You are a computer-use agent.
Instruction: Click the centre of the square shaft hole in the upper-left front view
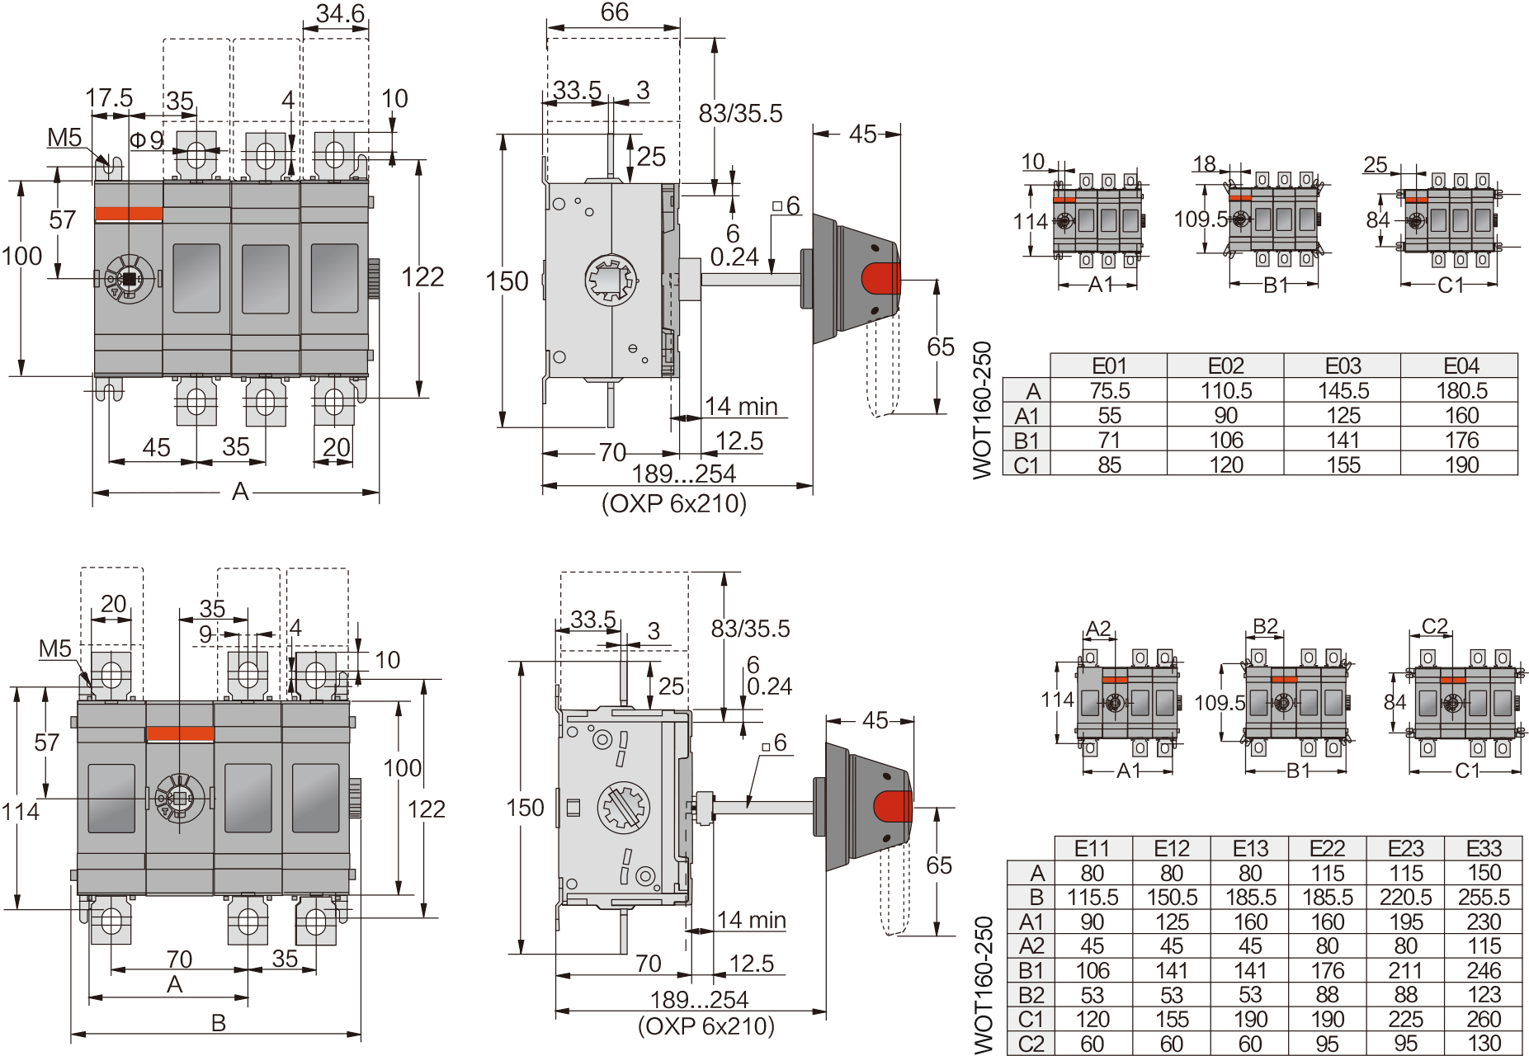129,279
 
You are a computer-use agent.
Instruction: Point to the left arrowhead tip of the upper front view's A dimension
92,493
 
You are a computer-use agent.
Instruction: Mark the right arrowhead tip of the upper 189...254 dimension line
813,486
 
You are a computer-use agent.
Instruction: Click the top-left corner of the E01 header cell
1050,354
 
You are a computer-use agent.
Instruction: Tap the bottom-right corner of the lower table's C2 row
1522,1055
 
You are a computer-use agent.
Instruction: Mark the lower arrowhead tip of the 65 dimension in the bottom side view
937,935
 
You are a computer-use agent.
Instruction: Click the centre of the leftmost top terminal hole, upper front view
196,153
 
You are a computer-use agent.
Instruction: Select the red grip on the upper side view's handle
881,279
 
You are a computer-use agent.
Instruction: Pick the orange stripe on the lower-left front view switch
180,734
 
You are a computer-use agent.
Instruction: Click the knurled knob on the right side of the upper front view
373,279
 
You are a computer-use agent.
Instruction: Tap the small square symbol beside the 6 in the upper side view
777,206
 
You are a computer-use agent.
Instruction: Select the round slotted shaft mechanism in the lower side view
623,807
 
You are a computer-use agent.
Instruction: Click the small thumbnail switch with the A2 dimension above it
1128,702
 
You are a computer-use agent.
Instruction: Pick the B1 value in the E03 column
1343,441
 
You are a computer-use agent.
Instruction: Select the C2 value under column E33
1484,1044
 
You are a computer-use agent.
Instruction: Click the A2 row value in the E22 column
1327,946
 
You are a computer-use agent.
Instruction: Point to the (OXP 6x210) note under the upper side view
674,503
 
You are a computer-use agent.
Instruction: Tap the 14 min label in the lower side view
751,920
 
